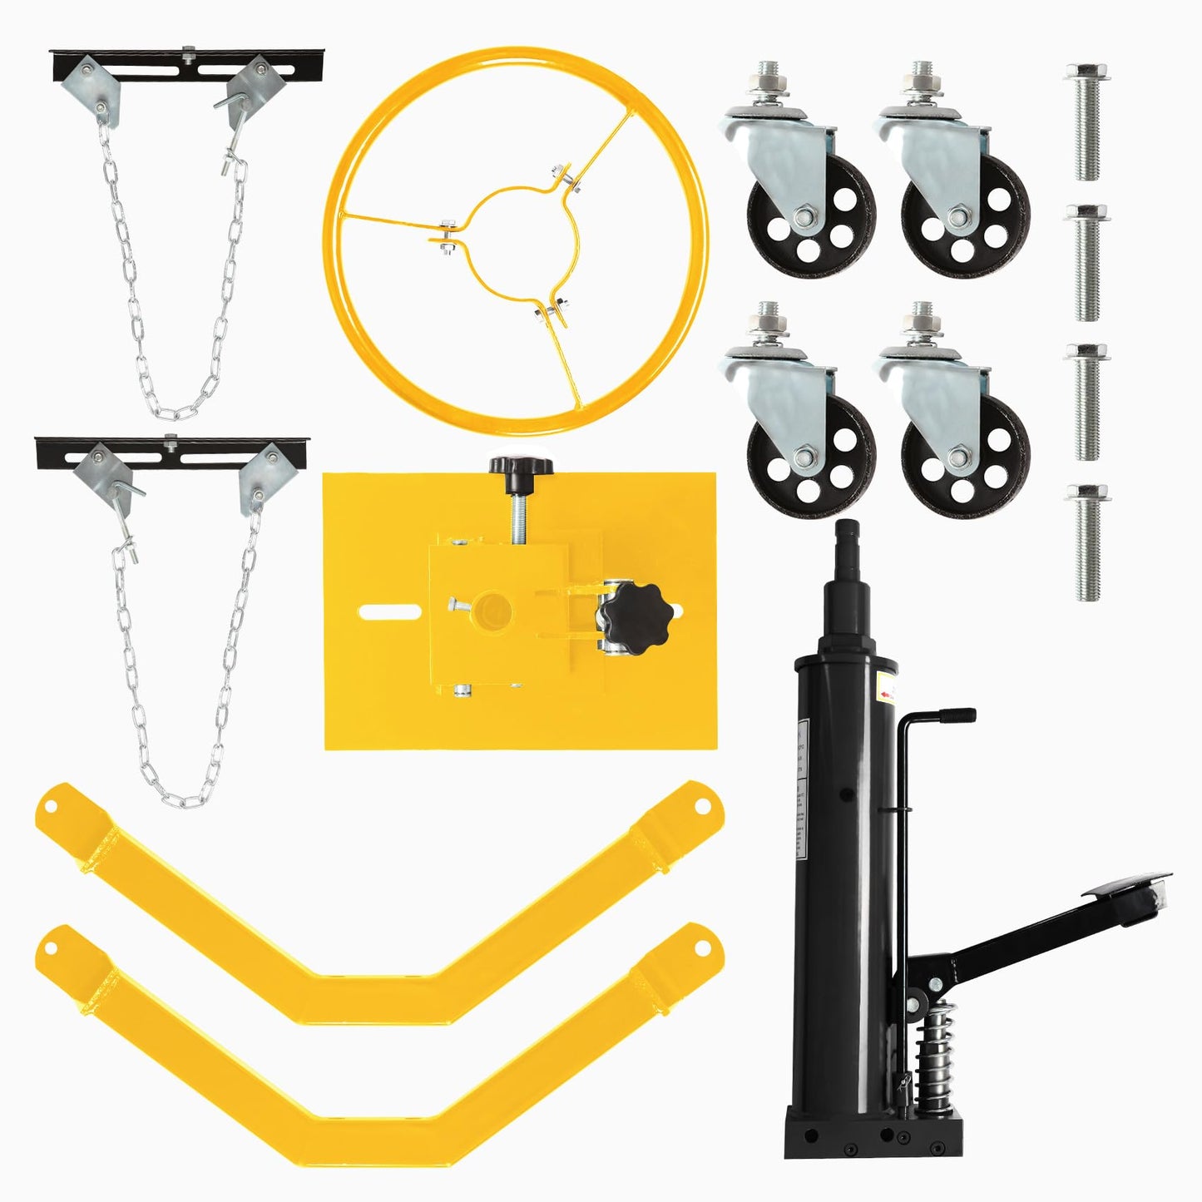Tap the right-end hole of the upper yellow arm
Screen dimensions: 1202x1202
(x=700, y=805)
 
